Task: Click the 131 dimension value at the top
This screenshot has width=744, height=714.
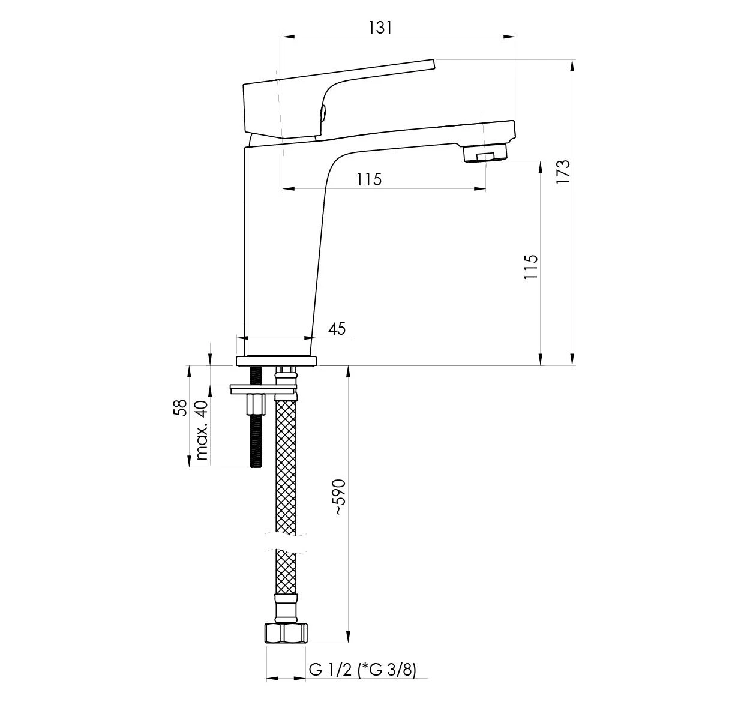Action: [380, 28]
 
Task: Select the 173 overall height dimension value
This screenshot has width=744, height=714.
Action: [563, 172]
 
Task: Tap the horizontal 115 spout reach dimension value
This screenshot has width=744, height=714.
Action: [370, 179]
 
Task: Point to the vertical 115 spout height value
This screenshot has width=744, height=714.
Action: [531, 266]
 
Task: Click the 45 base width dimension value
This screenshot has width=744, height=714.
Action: [337, 329]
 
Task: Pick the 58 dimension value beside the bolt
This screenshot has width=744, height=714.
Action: [180, 407]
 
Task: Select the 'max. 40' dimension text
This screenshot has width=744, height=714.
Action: [202, 430]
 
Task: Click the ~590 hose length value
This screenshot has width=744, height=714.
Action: [340, 497]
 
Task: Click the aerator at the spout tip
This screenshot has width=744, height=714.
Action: [485, 153]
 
